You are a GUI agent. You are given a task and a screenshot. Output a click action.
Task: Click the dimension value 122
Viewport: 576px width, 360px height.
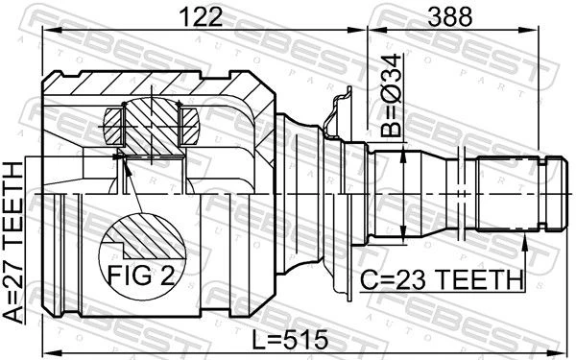click(201, 16)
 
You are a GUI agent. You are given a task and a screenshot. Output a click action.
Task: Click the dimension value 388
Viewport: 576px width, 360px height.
click(450, 16)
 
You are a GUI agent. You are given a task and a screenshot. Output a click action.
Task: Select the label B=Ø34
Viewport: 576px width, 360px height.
click(391, 95)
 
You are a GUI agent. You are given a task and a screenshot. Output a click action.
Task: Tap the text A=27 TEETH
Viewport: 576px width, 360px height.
click(13, 243)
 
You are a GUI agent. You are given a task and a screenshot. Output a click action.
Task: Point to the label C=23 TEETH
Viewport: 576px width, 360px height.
click(442, 280)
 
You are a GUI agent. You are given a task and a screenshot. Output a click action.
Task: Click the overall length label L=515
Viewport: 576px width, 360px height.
click(290, 340)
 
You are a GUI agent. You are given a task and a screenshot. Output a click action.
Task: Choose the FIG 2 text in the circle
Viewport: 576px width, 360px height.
click(141, 276)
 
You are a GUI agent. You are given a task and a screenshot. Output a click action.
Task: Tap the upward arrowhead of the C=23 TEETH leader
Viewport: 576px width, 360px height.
click(524, 241)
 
